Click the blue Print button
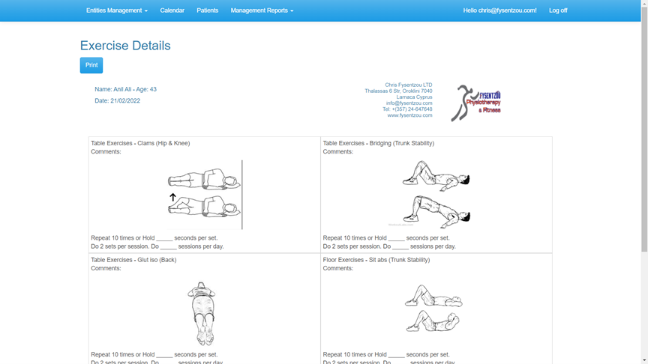[91, 65]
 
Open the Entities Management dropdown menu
[116, 10]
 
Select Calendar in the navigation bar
[172, 10]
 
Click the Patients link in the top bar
[207, 10]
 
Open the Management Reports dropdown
[262, 10]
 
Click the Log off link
[557, 10]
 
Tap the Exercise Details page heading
[125, 46]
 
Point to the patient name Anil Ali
[122, 89]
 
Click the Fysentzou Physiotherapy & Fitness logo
[475, 103]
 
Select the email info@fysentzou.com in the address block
[409, 103]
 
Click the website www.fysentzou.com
[409, 115]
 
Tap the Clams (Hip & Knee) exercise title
[163, 143]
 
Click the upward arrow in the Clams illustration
[172, 198]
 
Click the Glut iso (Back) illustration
[201, 313]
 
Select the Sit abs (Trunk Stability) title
[399, 260]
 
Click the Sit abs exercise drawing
[433, 309]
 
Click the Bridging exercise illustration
[436, 193]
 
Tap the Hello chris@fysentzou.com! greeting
[499, 10]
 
